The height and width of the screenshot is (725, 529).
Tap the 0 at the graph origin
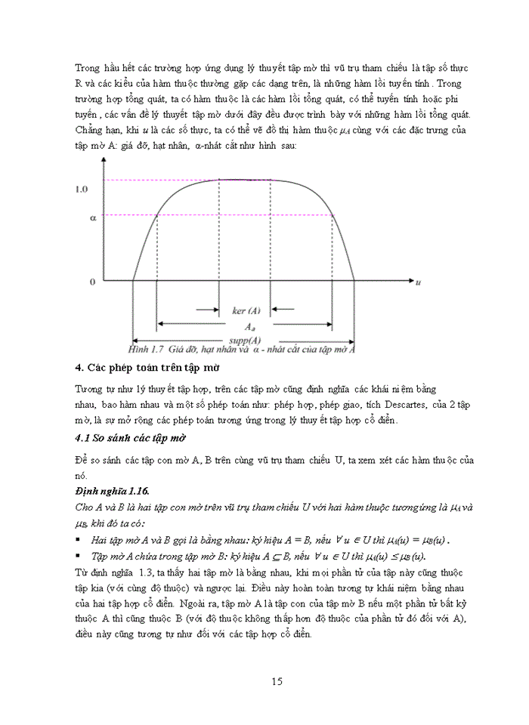[92, 282]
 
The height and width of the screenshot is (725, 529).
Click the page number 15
[277, 681]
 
